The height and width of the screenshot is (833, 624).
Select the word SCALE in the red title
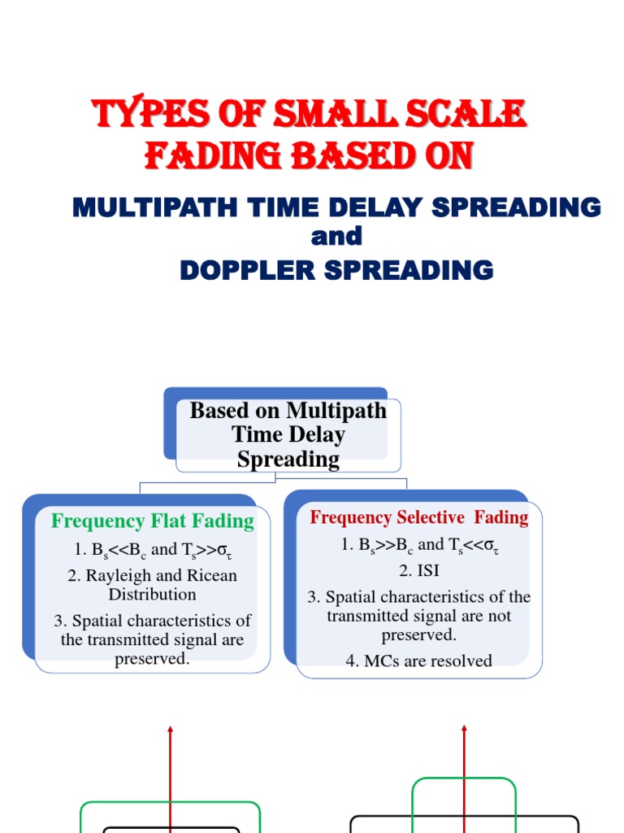(x=470, y=115)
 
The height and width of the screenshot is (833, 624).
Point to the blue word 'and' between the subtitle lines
(x=336, y=238)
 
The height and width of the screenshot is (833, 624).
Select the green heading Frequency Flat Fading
(x=153, y=521)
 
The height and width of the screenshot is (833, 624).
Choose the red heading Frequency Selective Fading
(x=419, y=517)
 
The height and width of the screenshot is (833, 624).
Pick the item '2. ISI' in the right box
(x=419, y=570)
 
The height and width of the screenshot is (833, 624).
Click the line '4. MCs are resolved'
(x=418, y=661)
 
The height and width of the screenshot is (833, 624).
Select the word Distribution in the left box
(x=153, y=594)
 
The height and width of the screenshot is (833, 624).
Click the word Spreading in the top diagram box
(x=288, y=460)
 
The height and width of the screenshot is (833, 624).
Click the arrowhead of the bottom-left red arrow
(x=171, y=731)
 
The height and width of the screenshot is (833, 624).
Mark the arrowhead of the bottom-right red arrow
(x=464, y=731)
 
